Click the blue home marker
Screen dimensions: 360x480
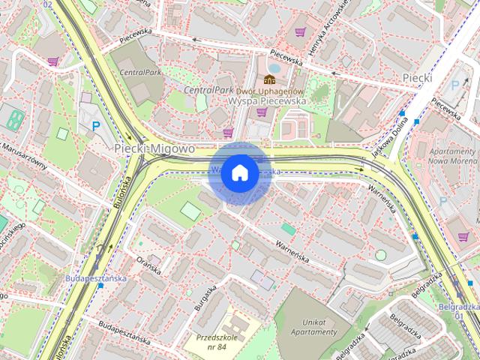pyautogui.click(x=239, y=173)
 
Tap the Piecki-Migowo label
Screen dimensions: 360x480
pyautogui.click(x=154, y=149)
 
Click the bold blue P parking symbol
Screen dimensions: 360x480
pyautogui.click(x=96, y=127)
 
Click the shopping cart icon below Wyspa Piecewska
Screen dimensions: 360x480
pyautogui.click(x=262, y=112)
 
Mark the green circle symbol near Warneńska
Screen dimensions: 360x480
pyautogui.click(x=380, y=255)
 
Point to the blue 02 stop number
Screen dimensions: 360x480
pyautogui.click(x=48, y=4)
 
